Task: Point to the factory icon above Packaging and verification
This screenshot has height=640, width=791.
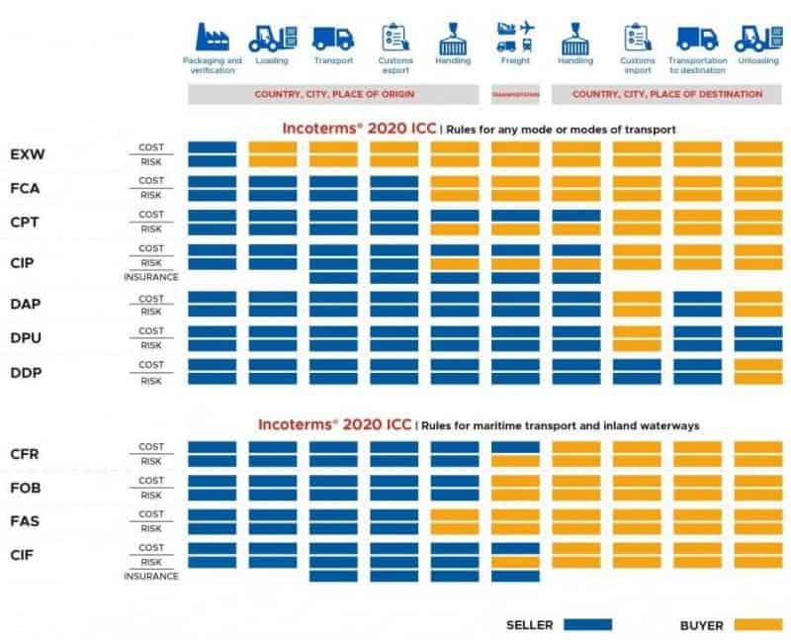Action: point(212,38)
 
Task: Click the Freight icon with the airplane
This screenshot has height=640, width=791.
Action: point(515,38)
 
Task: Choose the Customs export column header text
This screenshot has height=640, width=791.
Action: point(394,65)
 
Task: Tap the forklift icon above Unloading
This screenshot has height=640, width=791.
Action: point(757,38)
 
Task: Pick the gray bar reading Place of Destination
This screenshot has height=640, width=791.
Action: point(666,94)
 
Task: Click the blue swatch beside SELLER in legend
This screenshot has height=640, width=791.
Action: point(587,624)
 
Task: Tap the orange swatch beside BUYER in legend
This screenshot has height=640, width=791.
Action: point(757,624)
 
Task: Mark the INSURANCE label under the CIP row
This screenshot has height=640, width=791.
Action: point(151,277)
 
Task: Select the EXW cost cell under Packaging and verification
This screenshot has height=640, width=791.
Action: point(212,147)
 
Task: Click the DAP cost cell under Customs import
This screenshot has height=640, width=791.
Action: point(637,297)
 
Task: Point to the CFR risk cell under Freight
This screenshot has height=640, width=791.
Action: point(515,461)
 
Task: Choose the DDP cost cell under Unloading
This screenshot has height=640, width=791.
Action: point(757,364)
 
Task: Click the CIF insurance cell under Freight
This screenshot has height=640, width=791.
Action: point(515,576)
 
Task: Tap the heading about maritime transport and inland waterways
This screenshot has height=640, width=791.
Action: point(479,425)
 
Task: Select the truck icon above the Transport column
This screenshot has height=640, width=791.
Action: point(333,38)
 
